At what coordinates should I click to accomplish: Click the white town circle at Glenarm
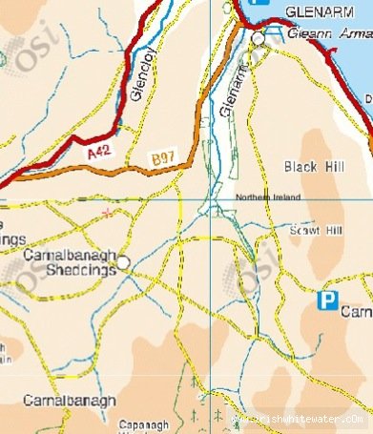tap(259, 37)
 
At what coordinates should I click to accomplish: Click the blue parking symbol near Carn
tap(328, 301)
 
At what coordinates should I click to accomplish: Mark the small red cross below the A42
tap(110, 211)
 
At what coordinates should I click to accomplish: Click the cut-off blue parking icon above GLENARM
tap(255, 4)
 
